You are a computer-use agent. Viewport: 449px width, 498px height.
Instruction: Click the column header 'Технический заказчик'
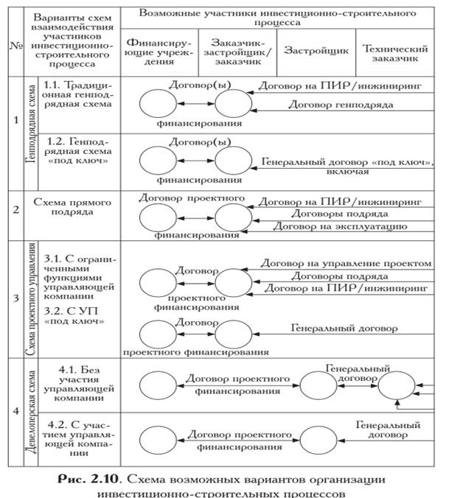[400, 52]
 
